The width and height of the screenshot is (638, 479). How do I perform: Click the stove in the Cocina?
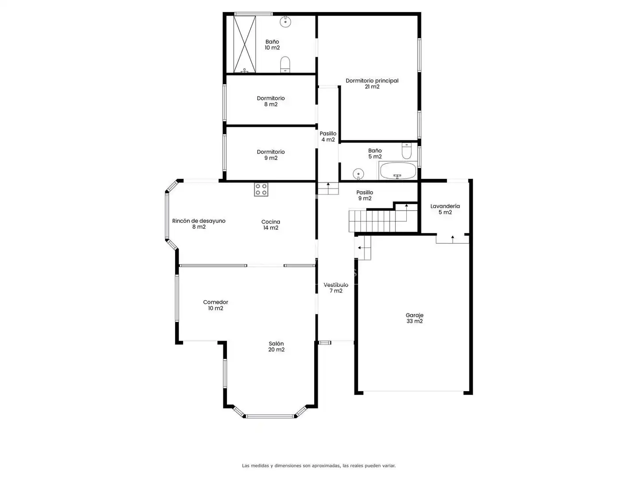tap(261, 189)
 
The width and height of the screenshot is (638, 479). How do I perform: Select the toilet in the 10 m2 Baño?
tap(285, 64)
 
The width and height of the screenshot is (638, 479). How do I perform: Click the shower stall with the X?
tap(245, 44)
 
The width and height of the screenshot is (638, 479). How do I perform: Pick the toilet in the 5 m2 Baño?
tap(406, 151)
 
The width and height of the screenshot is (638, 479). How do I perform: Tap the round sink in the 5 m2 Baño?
tap(358, 174)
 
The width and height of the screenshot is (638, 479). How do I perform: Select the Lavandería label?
tap(445, 209)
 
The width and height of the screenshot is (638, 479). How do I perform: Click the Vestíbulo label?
tap(336, 288)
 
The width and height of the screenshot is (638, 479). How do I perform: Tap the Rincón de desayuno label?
tap(199, 224)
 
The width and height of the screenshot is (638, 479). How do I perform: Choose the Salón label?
tap(276, 346)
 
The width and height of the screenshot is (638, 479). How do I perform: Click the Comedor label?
tap(215, 305)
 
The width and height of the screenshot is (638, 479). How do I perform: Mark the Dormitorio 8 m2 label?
tap(271, 101)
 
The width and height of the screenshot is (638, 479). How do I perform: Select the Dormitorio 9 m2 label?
tap(271, 155)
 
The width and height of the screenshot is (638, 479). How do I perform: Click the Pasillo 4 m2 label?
tap(328, 137)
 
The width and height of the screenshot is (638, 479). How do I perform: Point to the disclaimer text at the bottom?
tap(319, 466)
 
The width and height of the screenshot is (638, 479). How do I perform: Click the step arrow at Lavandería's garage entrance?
tap(452, 239)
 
